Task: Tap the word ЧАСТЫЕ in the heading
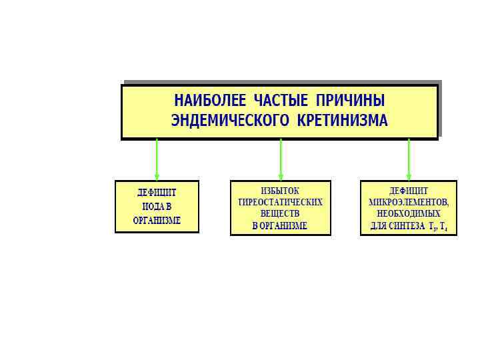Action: point(281,101)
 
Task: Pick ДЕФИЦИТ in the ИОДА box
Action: point(157,193)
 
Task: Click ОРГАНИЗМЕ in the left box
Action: point(157,221)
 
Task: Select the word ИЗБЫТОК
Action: point(280,191)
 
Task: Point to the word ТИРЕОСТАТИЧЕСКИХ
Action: point(280,202)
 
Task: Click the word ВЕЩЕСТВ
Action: point(280,214)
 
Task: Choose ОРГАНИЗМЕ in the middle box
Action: point(285,226)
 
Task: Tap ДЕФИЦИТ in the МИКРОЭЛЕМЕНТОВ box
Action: point(409,191)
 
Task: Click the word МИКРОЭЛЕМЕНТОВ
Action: point(409,202)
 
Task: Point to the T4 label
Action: point(443,227)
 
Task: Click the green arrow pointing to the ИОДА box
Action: point(157,160)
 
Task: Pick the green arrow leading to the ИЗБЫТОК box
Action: point(281,160)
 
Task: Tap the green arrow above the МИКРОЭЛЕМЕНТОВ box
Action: point(409,160)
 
